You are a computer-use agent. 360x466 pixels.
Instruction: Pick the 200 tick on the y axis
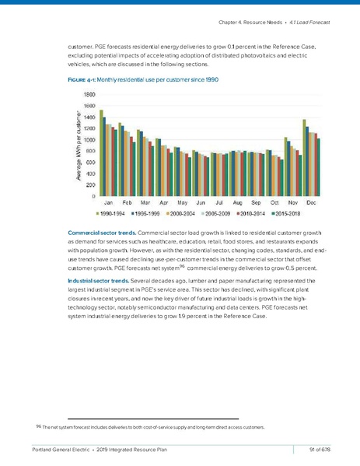coord(91,185)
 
